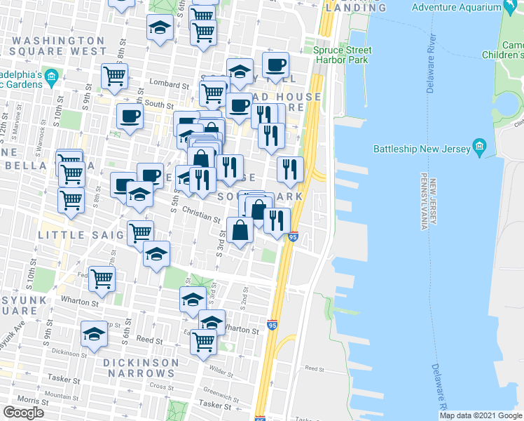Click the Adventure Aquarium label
pos(456,8)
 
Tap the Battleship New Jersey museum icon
pos(480,148)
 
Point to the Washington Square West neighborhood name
pos(59,46)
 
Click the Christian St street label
pos(202,213)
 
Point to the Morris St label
pos(28,399)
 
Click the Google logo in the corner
pos(23,413)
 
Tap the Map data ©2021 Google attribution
pos(481,415)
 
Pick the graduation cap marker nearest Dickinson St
pos(94,335)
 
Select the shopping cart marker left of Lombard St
pos(114,76)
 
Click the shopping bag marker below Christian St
pos(240,230)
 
